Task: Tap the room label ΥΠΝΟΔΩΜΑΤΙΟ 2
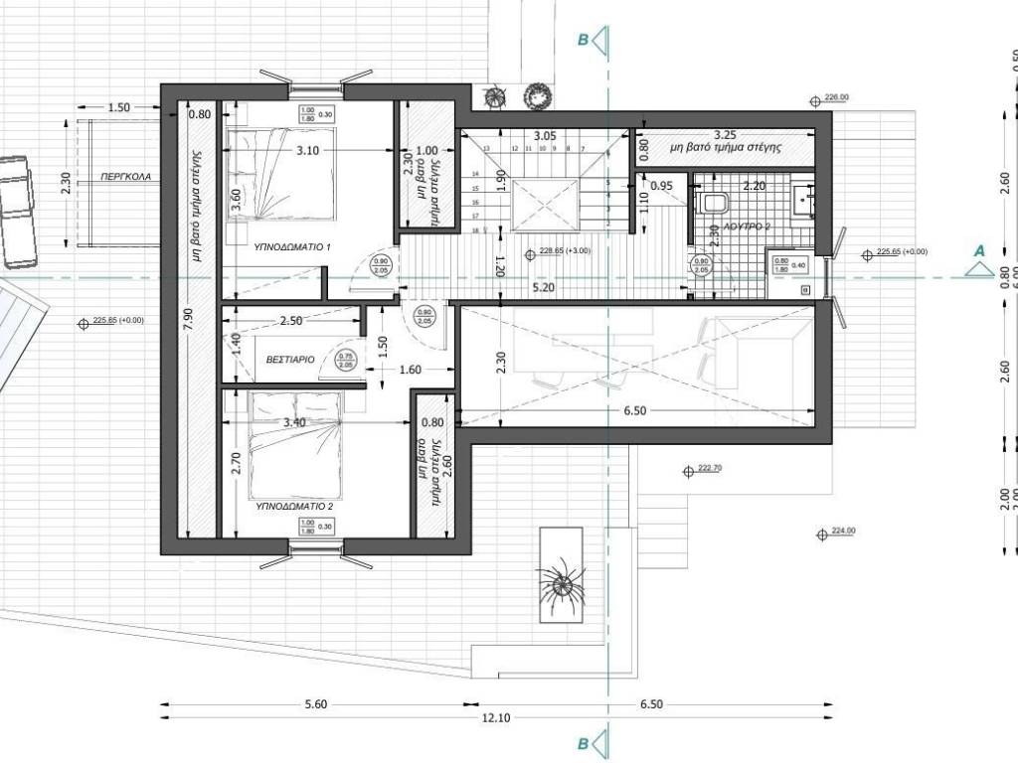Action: pyautogui.click(x=294, y=506)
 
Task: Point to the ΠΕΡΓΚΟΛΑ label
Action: pyautogui.click(x=125, y=176)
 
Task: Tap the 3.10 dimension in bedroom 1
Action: pyautogui.click(x=306, y=151)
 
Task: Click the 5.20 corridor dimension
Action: pyautogui.click(x=543, y=288)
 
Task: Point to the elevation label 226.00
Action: pyautogui.click(x=837, y=98)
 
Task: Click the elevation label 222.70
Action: pyautogui.click(x=710, y=468)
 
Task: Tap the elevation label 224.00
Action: pyautogui.click(x=843, y=532)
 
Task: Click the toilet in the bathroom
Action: pyautogui.click(x=714, y=203)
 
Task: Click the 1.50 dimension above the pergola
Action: pyautogui.click(x=118, y=106)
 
